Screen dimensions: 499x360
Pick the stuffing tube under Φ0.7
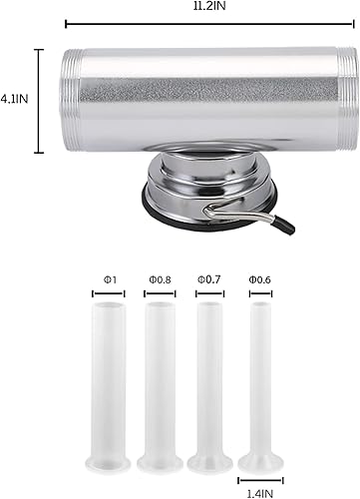208,379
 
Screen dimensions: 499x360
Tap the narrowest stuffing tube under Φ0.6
260,379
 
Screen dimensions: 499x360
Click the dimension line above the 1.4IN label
260,476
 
